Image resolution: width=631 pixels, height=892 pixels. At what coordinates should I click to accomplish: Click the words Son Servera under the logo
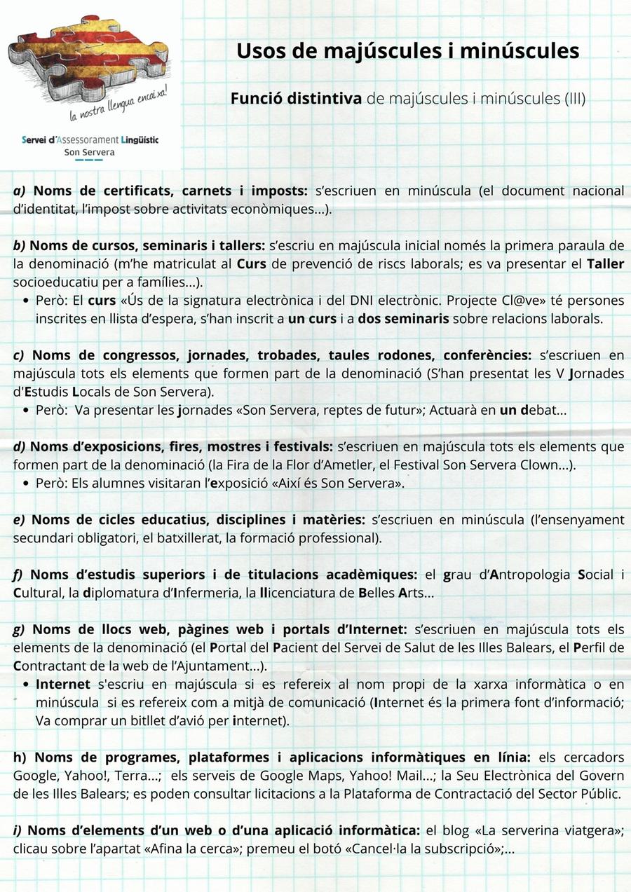click(x=89, y=152)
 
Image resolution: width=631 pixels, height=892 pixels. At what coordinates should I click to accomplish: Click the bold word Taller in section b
click(x=605, y=264)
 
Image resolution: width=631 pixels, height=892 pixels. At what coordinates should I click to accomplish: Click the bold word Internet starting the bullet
click(x=63, y=684)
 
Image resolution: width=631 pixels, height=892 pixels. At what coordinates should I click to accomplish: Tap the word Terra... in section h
click(x=137, y=776)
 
